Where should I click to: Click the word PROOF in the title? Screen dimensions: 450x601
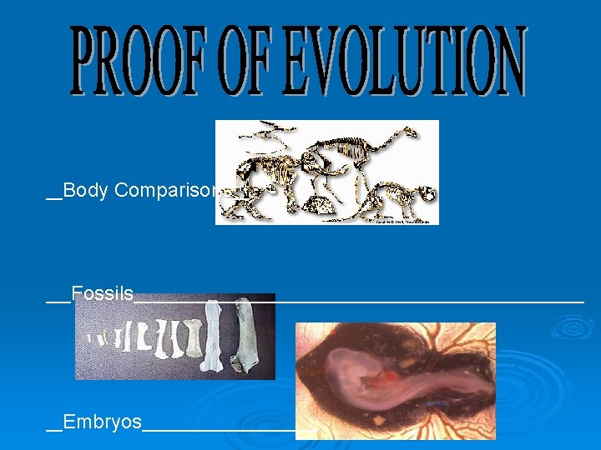coord(134,60)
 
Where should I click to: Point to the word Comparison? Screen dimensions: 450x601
coord(167,190)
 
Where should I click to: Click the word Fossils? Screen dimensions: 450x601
coord(102,293)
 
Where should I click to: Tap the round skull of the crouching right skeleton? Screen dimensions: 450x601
coord(426,194)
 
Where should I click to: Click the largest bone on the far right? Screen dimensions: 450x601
coord(246,337)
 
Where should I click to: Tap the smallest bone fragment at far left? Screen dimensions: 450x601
coord(91,338)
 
